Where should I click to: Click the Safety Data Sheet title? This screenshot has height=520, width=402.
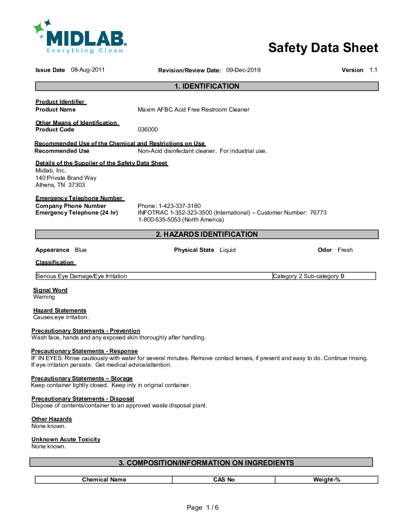(323, 48)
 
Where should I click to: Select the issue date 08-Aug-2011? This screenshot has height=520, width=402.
(88, 70)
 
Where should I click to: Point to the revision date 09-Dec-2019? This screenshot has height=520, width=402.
(243, 70)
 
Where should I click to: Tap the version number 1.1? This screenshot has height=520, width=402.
(373, 70)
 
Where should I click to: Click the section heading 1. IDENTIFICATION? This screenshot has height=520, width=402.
(207, 86)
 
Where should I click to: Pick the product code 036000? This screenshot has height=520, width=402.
(148, 130)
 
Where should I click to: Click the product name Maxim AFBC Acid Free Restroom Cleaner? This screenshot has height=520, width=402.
(193, 110)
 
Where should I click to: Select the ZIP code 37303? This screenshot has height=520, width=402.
(76, 185)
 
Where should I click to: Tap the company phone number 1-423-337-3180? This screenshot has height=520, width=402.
(180, 206)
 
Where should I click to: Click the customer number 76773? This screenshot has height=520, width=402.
(318, 213)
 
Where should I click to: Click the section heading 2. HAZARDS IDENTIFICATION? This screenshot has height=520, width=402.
(207, 235)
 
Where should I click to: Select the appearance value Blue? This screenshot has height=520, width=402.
(81, 250)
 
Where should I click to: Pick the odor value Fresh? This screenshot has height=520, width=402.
(345, 250)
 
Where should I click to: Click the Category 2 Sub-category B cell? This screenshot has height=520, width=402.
(309, 276)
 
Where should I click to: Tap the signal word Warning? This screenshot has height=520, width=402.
(44, 297)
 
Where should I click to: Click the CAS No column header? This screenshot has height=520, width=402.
(224, 480)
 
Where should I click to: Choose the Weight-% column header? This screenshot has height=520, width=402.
(327, 480)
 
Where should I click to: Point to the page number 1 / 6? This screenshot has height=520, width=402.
(212, 507)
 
